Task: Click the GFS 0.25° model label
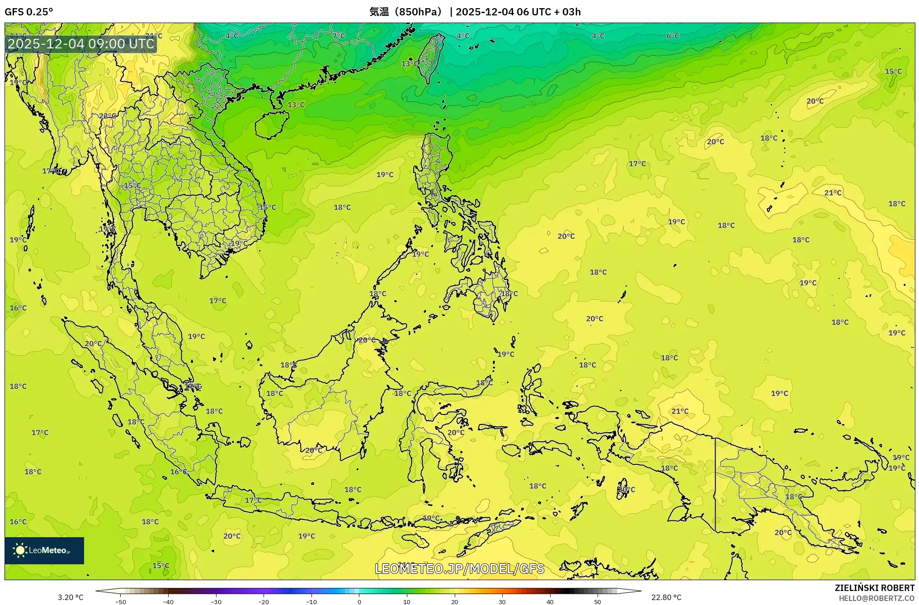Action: point(28,12)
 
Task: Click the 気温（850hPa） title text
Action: point(405,12)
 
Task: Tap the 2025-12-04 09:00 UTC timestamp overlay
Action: point(81,44)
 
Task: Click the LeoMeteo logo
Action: point(44,550)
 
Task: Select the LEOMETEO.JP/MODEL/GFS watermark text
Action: point(459,568)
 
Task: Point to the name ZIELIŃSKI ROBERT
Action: point(874,588)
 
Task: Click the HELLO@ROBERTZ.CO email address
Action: point(877,598)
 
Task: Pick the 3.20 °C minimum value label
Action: point(71,597)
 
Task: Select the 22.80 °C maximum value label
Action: point(666,597)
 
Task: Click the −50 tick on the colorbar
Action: point(120,601)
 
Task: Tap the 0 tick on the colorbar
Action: point(359,601)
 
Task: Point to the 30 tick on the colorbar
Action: point(502,601)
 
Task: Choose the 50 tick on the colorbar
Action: point(598,601)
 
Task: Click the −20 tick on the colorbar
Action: point(264,601)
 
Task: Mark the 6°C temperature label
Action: point(673,36)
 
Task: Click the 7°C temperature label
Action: point(338,36)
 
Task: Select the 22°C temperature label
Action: point(107,116)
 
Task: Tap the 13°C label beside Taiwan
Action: point(410,64)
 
